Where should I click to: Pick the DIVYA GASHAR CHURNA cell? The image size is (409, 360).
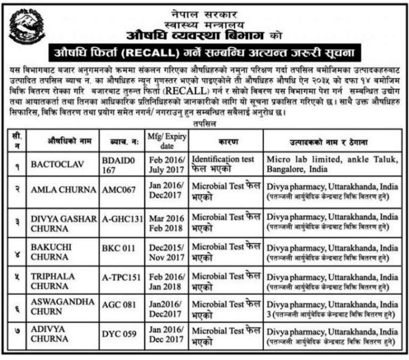(x=62, y=221)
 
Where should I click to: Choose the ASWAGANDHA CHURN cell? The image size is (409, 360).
(x=62, y=310)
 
